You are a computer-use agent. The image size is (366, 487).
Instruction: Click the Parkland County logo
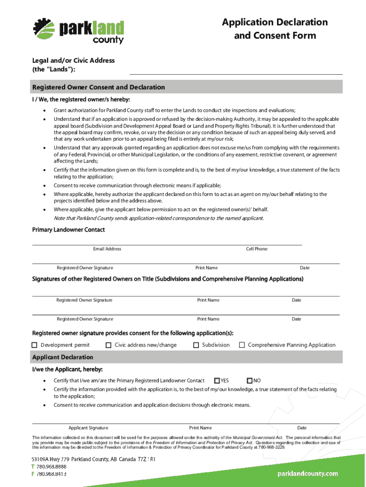[x=78, y=30]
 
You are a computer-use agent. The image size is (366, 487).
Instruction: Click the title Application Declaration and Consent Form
[x=275, y=29]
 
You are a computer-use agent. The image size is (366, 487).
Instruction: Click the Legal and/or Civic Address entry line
[x=236, y=70]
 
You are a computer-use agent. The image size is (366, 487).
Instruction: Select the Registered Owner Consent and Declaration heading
[x=98, y=88]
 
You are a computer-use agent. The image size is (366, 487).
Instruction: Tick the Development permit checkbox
[x=35, y=345]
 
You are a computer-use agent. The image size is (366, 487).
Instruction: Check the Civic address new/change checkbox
[x=108, y=345]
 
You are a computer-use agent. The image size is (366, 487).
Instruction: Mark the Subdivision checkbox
[x=196, y=345]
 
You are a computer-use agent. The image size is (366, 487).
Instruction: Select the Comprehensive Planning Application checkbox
[x=242, y=345]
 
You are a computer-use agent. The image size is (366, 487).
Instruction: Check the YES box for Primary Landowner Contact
[x=217, y=380]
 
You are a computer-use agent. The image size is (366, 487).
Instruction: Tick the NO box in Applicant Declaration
[x=250, y=380]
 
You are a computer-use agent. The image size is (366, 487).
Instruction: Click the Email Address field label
[x=107, y=249]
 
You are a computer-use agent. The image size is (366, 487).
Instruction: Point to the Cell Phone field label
[x=257, y=249]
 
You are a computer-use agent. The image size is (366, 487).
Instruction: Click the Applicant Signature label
[x=88, y=428]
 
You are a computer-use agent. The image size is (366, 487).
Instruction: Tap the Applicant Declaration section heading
[x=63, y=357]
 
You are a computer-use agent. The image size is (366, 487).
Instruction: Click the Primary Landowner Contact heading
[x=68, y=230]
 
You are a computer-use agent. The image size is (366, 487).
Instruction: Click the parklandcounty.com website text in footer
[x=308, y=473]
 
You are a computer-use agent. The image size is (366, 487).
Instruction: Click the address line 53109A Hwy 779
[x=94, y=459]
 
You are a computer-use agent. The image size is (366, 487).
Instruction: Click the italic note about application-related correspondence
[x=158, y=218]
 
